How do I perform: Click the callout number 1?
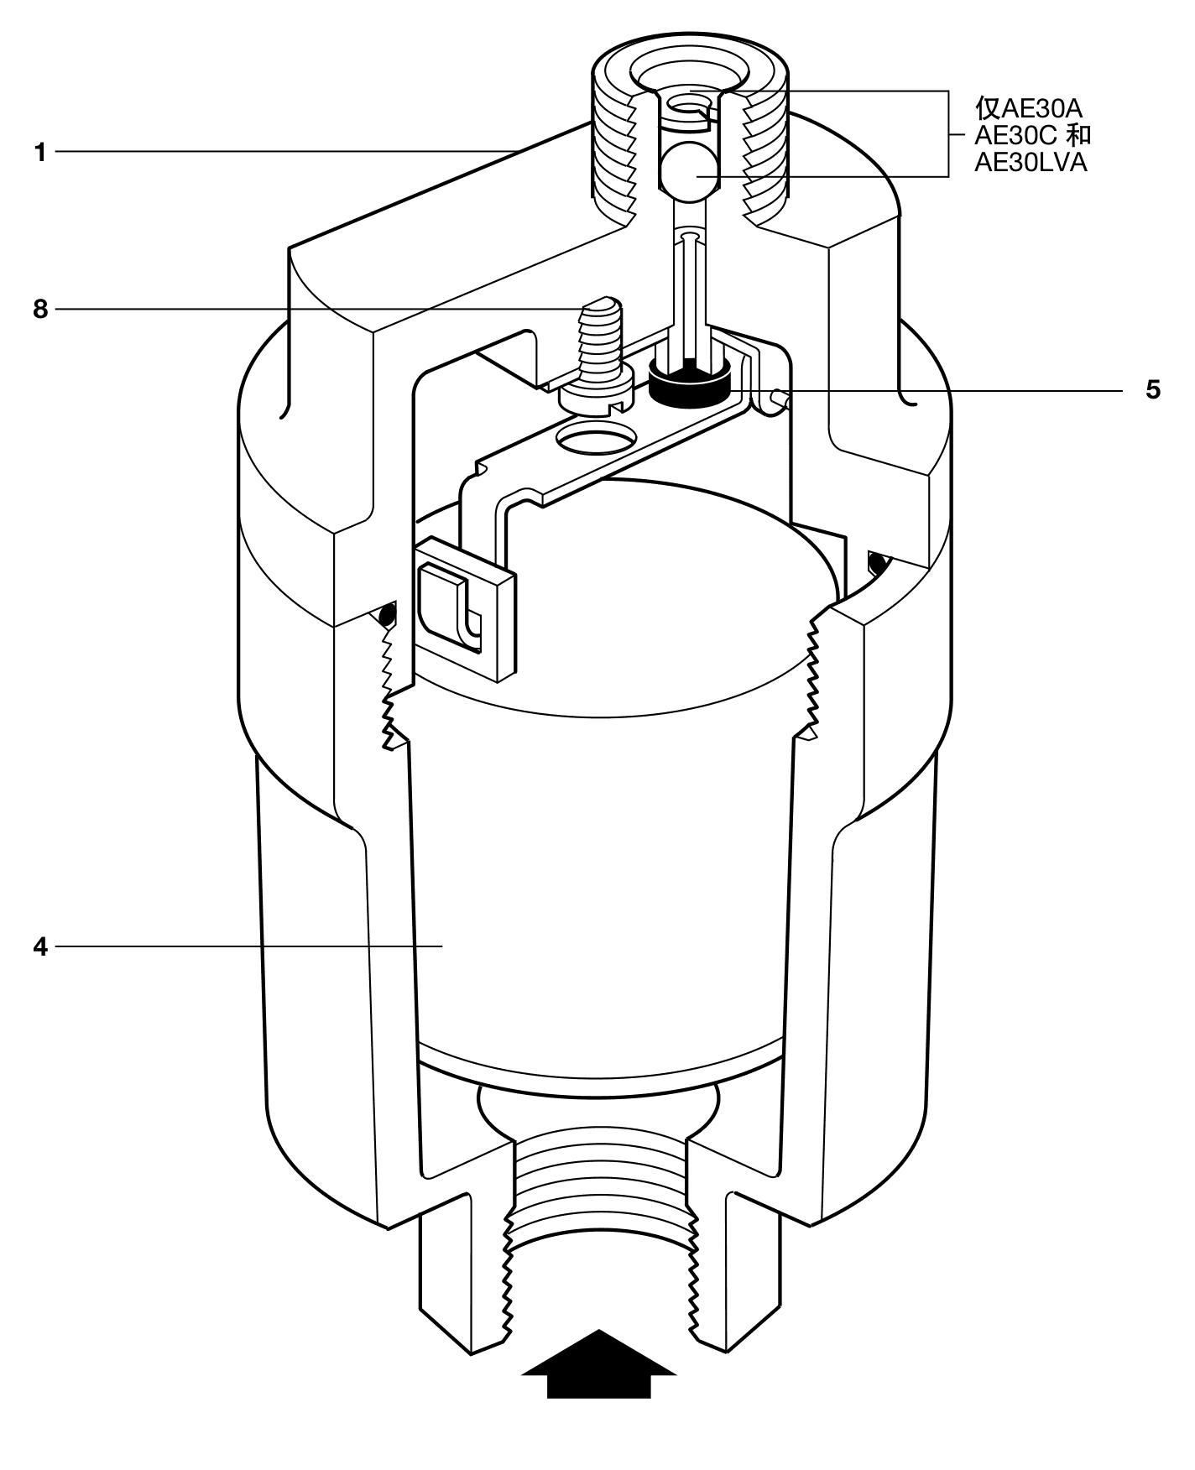click(x=39, y=153)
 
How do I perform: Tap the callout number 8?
click(x=40, y=310)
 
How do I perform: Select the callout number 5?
click(x=1153, y=390)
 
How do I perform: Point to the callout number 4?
click(x=40, y=947)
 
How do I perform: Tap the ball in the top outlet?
click(x=689, y=174)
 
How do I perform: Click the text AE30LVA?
click(x=1031, y=163)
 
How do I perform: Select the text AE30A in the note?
click(x=1041, y=109)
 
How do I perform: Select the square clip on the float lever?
click(x=464, y=607)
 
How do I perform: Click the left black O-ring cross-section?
click(x=387, y=617)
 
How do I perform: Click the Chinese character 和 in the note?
click(x=1081, y=135)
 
